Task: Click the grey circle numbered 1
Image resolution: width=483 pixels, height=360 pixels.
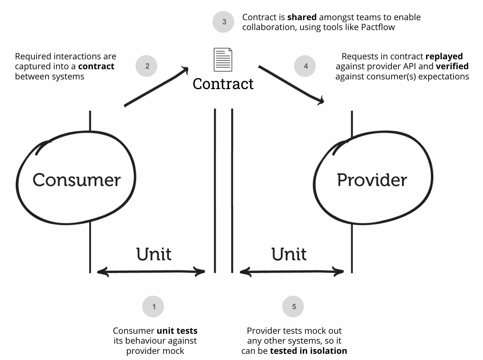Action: (x=153, y=307)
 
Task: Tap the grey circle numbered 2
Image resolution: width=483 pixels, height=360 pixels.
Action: (x=146, y=66)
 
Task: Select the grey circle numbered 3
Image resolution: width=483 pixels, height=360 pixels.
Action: (x=223, y=22)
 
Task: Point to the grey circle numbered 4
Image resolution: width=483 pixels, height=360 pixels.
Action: (x=305, y=66)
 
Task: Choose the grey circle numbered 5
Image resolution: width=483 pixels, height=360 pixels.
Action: (x=293, y=307)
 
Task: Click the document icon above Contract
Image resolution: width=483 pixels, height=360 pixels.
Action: (x=223, y=60)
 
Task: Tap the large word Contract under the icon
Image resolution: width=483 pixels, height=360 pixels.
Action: (x=223, y=84)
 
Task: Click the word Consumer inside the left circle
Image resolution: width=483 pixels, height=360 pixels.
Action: (x=77, y=180)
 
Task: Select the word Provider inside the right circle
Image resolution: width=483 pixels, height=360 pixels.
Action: (x=372, y=180)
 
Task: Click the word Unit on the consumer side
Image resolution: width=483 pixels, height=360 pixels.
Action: (x=154, y=254)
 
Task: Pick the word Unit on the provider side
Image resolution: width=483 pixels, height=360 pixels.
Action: (x=289, y=254)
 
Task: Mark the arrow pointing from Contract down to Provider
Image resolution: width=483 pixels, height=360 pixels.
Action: (x=291, y=85)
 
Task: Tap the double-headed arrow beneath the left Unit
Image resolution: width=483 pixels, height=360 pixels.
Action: (x=151, y=272)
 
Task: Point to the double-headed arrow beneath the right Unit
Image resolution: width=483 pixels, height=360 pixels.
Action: (x=292, y=272)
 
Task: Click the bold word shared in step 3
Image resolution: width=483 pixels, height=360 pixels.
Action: (x=302, y=17)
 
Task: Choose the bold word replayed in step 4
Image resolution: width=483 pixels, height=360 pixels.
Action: (x=444, y=57)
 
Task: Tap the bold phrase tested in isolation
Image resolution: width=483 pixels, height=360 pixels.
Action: (x=308, y=351)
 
